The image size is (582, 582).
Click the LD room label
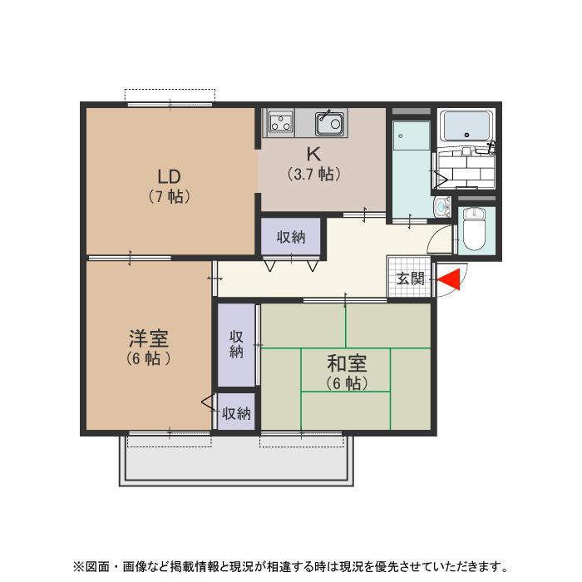(170, 177)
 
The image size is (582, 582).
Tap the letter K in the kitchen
(313, 155)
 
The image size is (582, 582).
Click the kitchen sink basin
(329, 125)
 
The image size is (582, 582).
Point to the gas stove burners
(280, 124)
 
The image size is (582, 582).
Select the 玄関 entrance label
(410, 279)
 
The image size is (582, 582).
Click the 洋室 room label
(148, 339)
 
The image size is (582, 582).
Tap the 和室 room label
(347, 364)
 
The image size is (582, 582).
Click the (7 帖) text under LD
(170, 197)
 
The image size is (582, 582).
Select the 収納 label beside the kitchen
(291, 237)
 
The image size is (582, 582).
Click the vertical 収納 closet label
(236, 344)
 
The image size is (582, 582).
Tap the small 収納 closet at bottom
(236, 412)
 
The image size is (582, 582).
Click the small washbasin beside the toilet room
(441, 205)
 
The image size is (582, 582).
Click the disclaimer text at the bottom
(290, 567)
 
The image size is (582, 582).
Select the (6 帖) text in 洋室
(148, 359)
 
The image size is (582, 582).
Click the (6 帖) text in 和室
(347, 383)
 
